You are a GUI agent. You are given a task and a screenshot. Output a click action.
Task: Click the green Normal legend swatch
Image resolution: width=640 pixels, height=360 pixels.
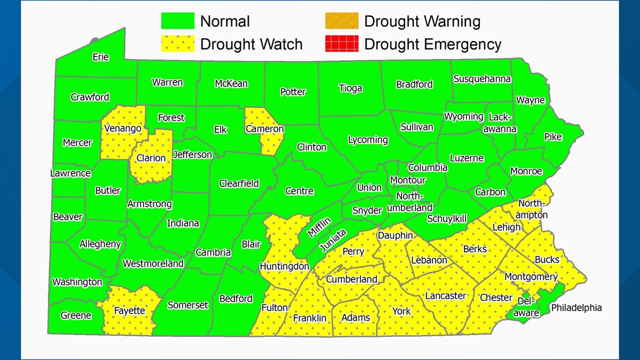point(177,21)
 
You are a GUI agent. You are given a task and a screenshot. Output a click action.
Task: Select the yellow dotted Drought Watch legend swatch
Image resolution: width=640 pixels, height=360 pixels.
point(177,44)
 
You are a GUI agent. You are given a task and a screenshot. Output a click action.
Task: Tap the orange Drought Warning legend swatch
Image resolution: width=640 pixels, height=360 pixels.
point(341,21)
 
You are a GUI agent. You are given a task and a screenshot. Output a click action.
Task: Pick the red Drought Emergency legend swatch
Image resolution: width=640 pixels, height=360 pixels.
point(341,44)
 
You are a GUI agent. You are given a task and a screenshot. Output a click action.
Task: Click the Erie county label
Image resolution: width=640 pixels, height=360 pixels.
point(100,57)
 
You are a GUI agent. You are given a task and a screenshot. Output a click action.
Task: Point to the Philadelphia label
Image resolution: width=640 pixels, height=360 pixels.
point(576,308)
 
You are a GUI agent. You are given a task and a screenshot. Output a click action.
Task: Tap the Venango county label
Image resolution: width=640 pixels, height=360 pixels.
point(122,129)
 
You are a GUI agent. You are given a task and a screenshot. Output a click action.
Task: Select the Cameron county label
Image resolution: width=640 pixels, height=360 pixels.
point(264,129)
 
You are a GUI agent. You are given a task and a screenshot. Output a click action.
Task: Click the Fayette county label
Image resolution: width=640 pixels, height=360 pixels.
point(129,311)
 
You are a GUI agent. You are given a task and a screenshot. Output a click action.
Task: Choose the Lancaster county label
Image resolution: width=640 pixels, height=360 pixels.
point(446,296)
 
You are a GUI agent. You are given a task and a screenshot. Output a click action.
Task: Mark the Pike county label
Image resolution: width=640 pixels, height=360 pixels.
point(552,136)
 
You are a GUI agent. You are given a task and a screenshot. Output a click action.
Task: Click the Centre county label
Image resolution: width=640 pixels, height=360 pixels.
point(299,191)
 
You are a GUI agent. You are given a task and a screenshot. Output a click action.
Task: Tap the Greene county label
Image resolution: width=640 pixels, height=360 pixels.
point(76,315)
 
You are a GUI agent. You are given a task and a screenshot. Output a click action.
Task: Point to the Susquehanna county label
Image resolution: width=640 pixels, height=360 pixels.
point(482,79)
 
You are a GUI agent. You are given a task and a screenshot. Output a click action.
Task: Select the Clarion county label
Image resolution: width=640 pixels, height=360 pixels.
point(151,158)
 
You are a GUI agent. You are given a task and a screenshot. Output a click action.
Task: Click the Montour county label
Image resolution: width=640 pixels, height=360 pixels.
point(408,180)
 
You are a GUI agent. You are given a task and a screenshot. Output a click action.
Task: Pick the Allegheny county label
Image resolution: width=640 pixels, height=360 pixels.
point(100,244)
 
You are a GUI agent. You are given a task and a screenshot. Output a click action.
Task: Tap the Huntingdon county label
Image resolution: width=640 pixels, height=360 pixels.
point(284,266)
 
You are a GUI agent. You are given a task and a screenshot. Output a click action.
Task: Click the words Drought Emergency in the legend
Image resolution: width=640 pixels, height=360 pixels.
point(432,44)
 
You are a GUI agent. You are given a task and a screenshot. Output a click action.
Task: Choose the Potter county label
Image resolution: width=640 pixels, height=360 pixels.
point(292,92)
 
